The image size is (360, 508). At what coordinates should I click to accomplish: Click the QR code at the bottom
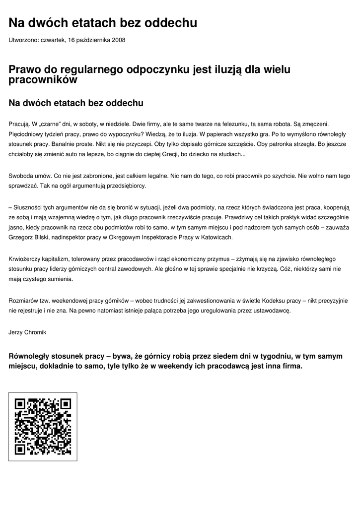point(43,427)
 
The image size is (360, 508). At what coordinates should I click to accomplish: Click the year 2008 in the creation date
point(119,40)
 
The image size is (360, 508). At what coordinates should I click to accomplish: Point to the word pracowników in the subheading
point(43,79)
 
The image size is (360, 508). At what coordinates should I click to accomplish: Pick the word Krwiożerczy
point(25,258)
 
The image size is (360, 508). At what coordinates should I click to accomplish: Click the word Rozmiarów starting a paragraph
point(24,300)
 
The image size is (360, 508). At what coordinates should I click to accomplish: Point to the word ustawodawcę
point(270,311)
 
